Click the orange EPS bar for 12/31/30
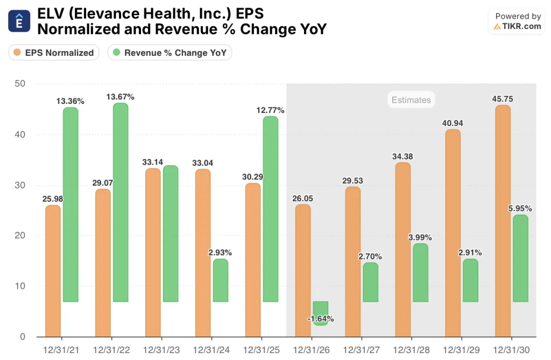[503, 221]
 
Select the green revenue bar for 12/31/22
[121, 202]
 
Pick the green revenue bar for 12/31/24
[220, 280]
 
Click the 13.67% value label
[121, 97]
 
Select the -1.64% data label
[320, 319]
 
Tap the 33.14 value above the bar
[153, 162]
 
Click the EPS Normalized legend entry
[54, 53]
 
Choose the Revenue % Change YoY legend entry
[170, 53]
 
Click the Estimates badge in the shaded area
[411, 100]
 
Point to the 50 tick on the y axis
[20, 84]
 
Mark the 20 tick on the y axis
[20, 236]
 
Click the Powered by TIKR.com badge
[518, 22]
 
